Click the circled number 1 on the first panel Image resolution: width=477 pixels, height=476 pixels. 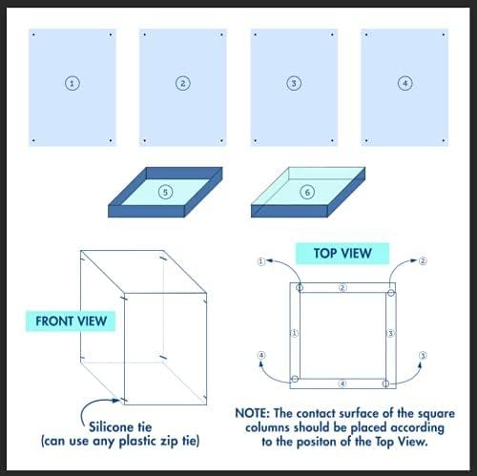(x=72, y=83)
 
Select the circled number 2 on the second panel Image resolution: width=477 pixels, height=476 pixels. (x=182, y=83)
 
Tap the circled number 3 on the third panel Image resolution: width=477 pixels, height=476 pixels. (x=293, y=83)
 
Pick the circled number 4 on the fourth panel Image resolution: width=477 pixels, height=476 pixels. (x=404, y=83)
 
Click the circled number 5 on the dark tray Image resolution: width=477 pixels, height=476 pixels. (x=167, y=193)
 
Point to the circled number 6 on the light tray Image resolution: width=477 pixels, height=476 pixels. (x=306, y=193)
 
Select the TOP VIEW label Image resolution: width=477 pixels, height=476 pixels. (x=342, y=254)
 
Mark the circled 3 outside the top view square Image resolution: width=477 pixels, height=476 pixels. (x=422, y=356)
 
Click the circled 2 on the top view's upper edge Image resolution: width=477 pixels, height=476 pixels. (x=342, y=286)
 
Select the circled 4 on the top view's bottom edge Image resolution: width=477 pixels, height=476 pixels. (x=342, y=383)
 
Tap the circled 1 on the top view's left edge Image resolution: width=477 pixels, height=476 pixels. (x=295, y=334)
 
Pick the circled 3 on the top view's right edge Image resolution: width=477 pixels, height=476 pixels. (x=390, y=334)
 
